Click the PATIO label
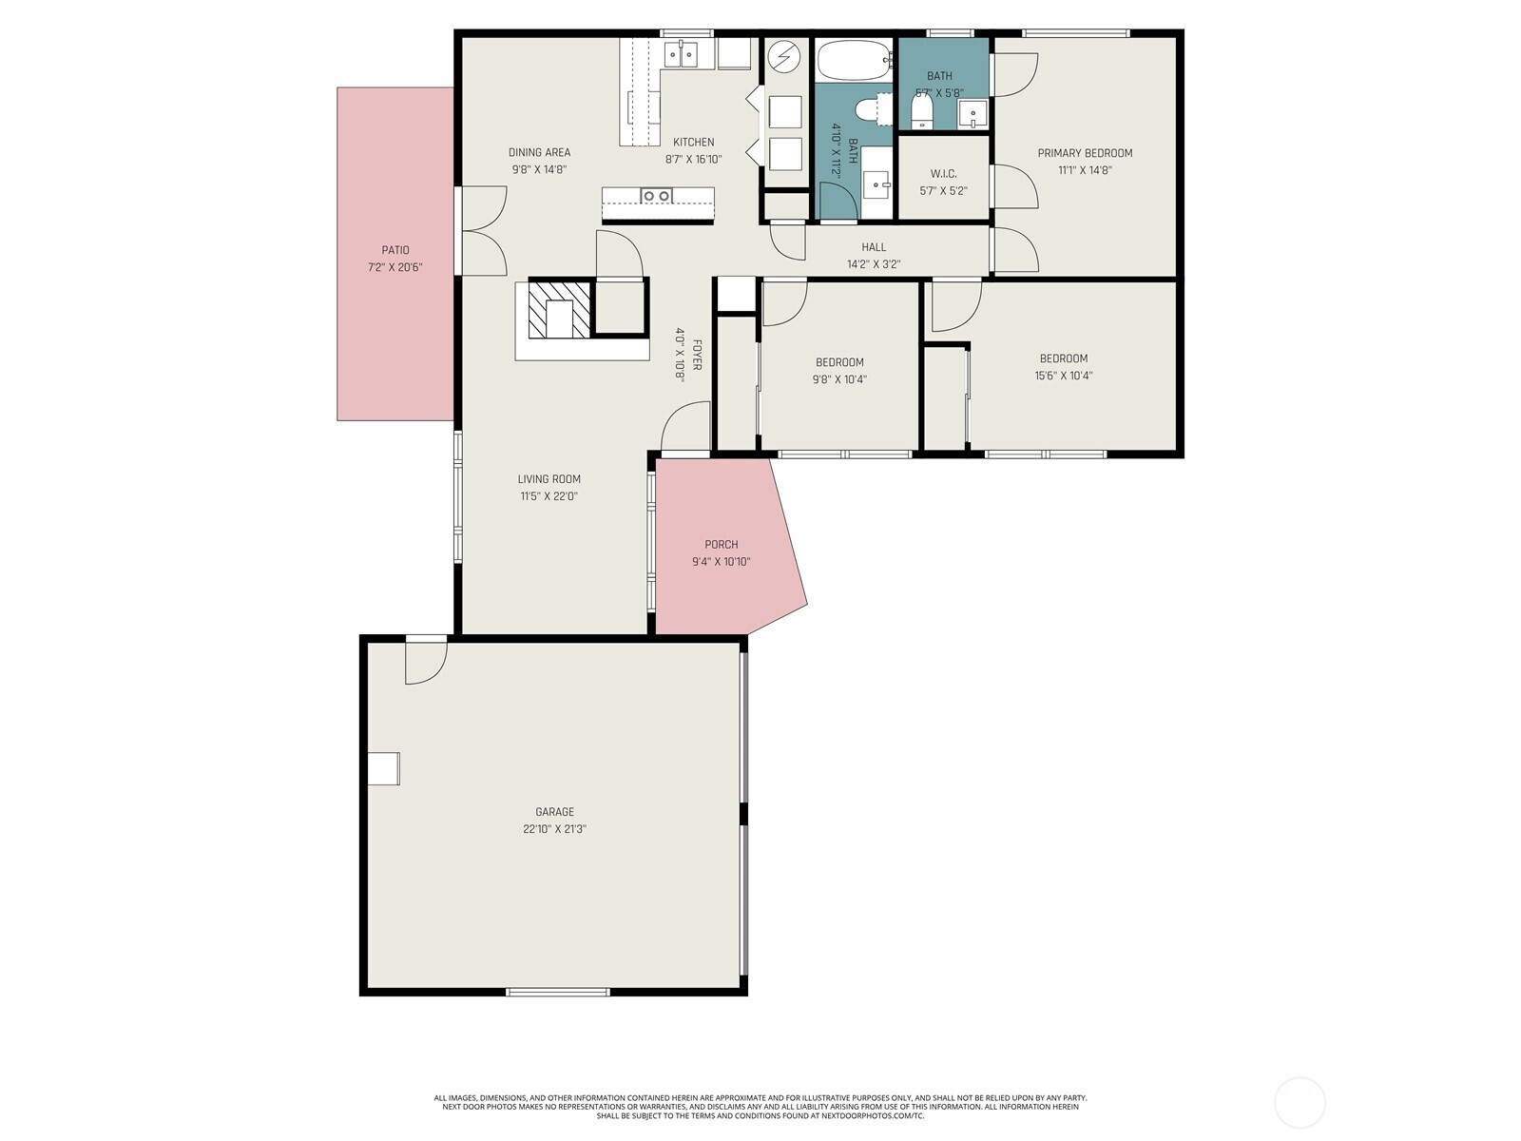click(x=395, y=250)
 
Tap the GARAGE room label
click(x=554, y=811)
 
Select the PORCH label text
click(x=721, y=545)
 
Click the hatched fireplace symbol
click(x=559, y=308)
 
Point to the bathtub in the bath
click(x=854, y=60)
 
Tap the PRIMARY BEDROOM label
click(x=1085, y=153)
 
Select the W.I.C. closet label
click(x=943, y=174)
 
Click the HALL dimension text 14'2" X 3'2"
click(x=873, y=264)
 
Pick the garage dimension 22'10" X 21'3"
click(x=554, y=828)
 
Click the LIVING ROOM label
click(x=549, y=478)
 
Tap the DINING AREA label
click(x=539, y=152)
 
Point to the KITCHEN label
click(x=693, y=142)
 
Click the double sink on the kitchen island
click(x=656, y=196)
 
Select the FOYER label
click(x=697, y=355)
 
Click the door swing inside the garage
click(x=426, y=663)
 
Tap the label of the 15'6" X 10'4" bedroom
click(x=1063, y=358)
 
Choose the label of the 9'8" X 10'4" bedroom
click(x=839, y=361)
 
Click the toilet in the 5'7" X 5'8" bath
click(x=921, y=111)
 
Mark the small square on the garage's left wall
click(x=383, y=768)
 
